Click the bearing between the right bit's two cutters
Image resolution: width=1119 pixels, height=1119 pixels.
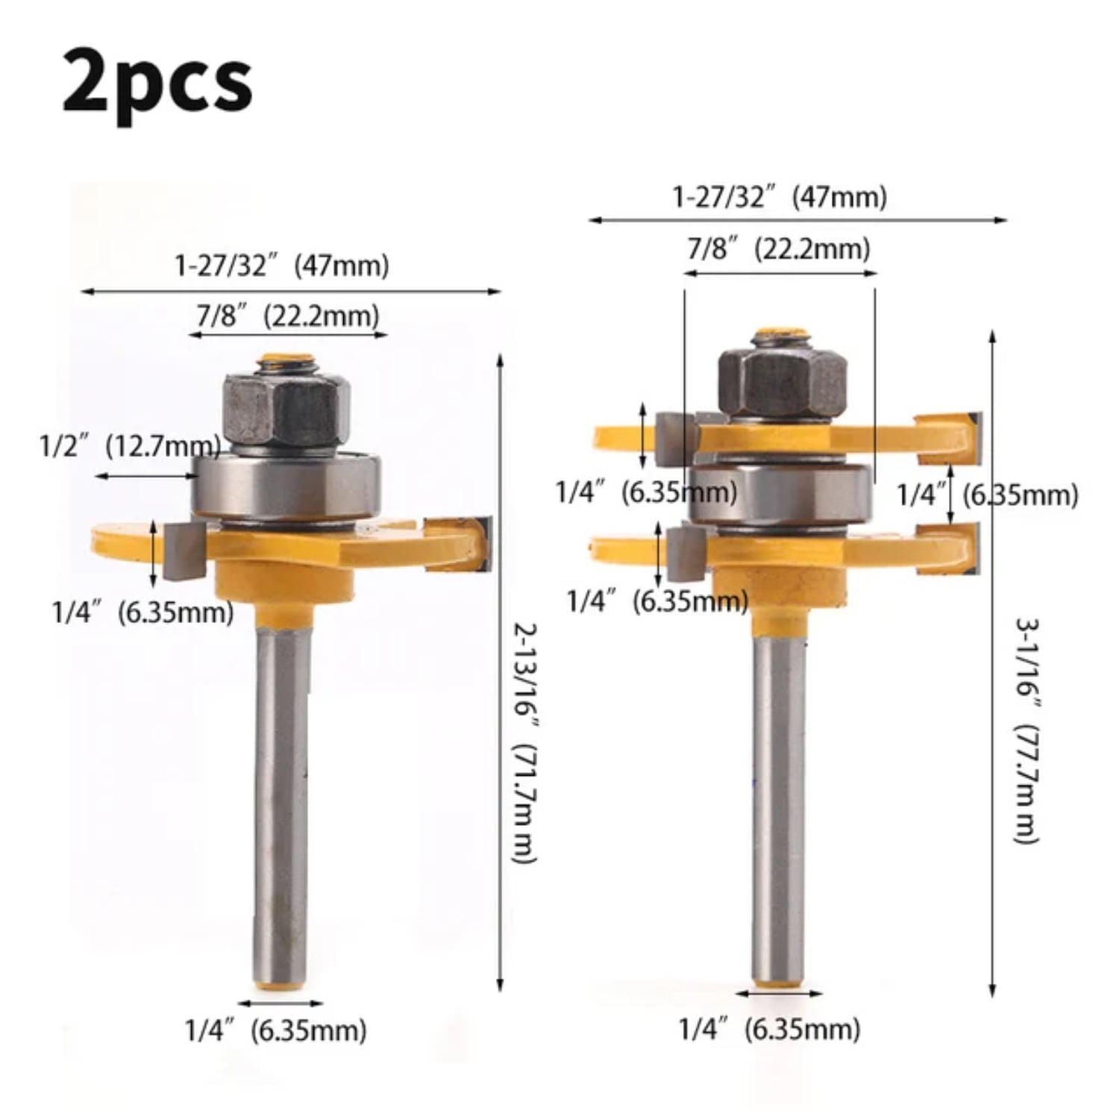coord(780,492)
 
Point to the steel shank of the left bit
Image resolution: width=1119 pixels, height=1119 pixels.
coord(281,806)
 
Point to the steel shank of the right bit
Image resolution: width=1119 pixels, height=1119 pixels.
coord(778,806)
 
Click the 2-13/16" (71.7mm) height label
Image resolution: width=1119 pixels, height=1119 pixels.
coord(525,742)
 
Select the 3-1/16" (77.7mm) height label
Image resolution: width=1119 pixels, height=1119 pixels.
coord(1026,731)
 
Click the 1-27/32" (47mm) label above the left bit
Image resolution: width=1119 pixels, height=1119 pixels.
coord(281,266)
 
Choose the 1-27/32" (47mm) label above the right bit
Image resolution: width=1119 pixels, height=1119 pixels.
coord(780,198)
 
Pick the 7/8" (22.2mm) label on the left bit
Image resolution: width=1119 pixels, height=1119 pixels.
coord(287,316)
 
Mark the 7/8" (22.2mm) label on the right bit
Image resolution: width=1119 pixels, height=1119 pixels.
coord(778,248)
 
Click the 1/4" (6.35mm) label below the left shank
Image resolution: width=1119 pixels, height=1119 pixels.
coord(276,1031)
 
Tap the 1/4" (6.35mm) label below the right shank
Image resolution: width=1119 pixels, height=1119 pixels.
coord(769,1029)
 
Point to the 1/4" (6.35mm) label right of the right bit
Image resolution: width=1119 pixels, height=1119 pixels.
coord(987,495)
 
